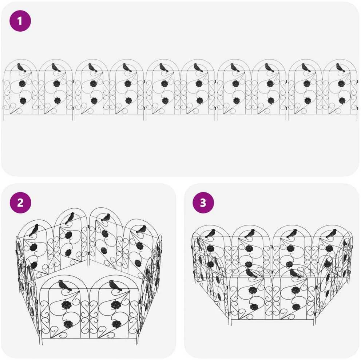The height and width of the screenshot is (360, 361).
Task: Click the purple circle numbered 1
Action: [x=20, y=21]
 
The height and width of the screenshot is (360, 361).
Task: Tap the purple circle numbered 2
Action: [x=20, y=203]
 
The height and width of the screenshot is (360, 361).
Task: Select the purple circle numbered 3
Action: [x=203, y=203]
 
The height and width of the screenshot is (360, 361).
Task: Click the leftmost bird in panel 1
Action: [x=21, y=68]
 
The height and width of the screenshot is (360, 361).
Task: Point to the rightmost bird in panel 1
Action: [x=340, y=68]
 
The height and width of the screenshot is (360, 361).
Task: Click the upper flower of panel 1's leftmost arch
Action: [x=22, y=84]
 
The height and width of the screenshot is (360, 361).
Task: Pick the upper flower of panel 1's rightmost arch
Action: [x=341, y=84]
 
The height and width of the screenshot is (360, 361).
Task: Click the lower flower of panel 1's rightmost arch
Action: [x=342, y=100]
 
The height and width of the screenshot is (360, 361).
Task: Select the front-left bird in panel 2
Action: [x=65, y=285]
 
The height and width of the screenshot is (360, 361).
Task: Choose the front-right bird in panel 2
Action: [x=116, y=285]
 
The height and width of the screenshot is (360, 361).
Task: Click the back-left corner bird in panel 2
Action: [x=34, y=230]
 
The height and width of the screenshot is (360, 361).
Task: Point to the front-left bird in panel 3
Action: [x=251, y=273]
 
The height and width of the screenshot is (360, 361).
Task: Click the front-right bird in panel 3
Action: [x=295, y=273]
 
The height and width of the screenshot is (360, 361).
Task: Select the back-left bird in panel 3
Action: [x=210, y=233]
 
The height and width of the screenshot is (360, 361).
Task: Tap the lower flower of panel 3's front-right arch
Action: [x=296, y=307]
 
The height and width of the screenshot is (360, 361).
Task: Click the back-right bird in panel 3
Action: [x=331, y=233]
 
